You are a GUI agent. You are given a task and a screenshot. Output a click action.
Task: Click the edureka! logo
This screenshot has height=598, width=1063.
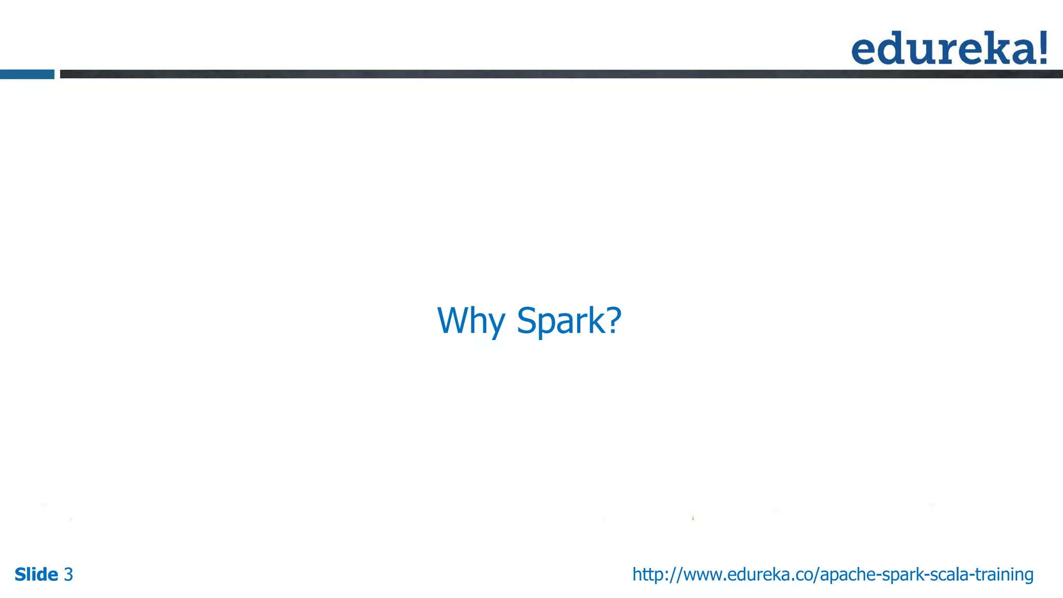point(949,48)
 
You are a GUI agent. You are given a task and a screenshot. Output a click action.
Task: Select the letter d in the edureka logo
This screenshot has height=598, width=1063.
point(890,48)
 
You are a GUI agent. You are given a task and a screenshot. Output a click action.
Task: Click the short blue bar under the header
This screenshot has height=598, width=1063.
point(27,74)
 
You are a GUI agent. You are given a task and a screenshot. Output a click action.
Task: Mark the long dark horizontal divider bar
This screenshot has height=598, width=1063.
point(561,74)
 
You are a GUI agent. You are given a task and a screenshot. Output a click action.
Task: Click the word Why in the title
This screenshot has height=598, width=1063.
point(471,321)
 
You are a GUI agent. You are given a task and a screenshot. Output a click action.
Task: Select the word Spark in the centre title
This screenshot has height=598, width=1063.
point(561,321)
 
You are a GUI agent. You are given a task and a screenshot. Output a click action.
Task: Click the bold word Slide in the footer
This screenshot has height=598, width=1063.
point(36,575)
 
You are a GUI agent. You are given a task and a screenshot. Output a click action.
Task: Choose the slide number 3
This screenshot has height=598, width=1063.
point(69,575)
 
